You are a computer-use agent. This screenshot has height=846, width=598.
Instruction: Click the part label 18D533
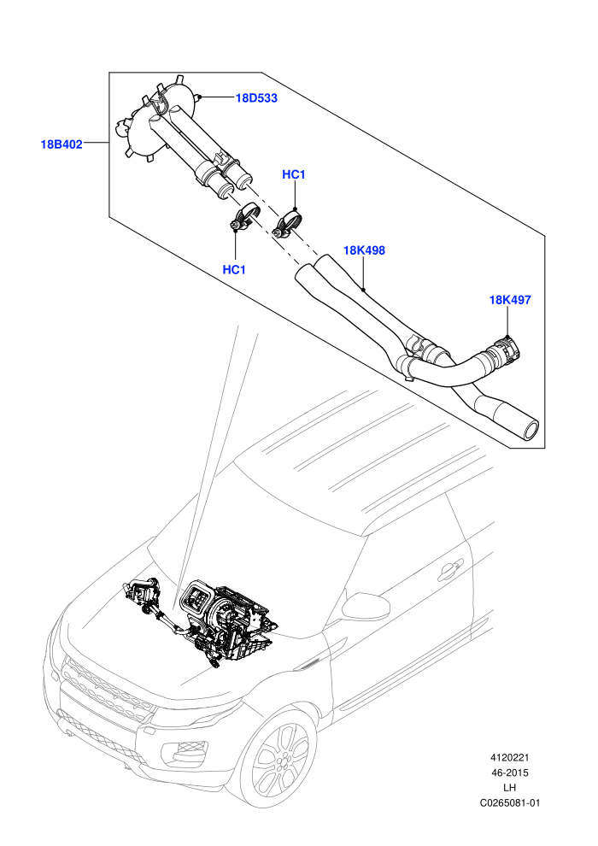[x=256, y=97]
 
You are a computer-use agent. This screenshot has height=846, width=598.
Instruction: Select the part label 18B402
[x=62, y=144]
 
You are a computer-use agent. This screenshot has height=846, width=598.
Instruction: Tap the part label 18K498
[x=364, y=250]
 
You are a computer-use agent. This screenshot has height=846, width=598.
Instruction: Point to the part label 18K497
[x=509, y=299]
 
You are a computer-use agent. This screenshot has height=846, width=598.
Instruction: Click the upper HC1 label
[x=294, y=174]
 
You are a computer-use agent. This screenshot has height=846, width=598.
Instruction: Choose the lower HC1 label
[x=234, y=269]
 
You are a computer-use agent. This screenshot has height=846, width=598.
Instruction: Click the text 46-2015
[x=509, y=773]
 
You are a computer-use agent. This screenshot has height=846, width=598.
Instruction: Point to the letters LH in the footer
[x=509, y=788]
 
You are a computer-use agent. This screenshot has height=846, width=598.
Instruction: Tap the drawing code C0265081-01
[x=509, y=802]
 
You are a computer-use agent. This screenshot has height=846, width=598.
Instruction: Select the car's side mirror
[x=366, y=605]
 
